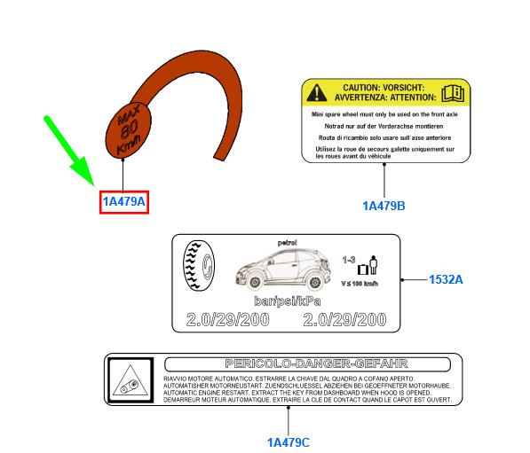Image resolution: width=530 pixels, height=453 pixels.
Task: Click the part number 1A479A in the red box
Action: point(123,201)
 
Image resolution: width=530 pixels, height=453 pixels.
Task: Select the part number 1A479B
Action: point(384,206)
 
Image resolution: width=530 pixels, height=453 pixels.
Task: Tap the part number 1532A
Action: point(446,279)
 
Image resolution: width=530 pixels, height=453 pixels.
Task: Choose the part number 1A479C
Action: point(289,442)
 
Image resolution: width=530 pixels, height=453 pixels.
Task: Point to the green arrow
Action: point(69,151)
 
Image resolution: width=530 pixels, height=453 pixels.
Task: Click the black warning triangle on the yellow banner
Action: point(317,93)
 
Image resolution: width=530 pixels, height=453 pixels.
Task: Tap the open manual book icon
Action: point(453,93)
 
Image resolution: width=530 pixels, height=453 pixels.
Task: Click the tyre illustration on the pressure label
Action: point(198,266)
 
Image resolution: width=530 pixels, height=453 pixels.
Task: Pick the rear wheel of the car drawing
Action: point(314,282)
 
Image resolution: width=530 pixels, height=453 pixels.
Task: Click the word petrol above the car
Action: point(288,243)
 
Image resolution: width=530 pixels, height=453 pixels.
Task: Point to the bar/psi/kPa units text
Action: point(288,301)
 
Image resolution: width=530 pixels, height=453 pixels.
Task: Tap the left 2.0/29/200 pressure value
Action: point(228,320)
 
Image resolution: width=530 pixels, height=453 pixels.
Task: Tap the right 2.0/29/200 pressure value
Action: point(344,320)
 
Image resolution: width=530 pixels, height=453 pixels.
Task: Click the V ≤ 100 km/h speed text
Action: point(360,284)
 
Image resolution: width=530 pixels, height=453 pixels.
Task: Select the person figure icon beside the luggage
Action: point(373,265)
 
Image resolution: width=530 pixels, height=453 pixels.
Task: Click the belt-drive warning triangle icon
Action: point(131,380)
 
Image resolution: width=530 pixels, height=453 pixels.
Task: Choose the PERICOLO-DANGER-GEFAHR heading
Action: point(317,363)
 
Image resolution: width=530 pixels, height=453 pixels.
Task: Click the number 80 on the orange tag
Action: point(129,129)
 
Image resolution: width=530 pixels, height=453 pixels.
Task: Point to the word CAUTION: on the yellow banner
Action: point(361,88)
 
